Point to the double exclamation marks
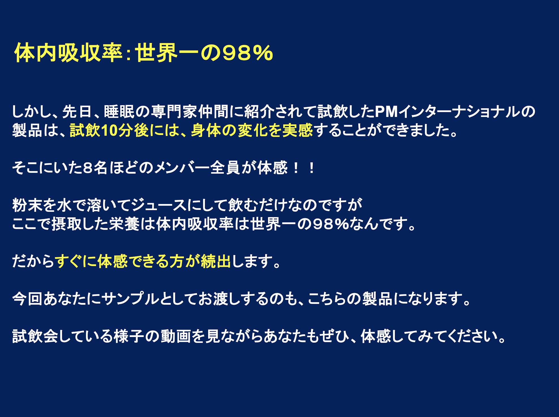[x=304, y=168]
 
